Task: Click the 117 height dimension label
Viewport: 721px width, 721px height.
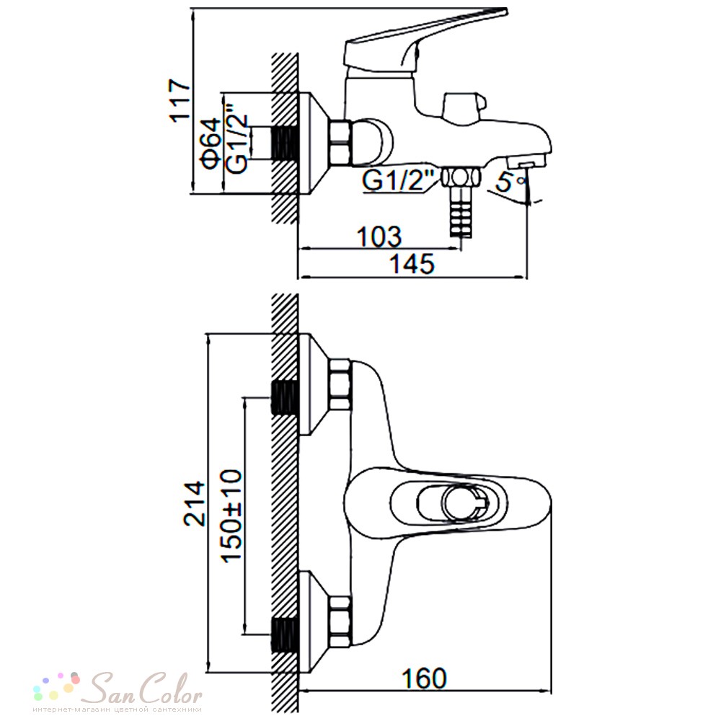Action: point(180,101)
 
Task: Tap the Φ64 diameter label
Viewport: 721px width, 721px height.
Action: point(211,143)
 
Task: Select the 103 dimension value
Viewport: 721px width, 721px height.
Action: point(379,236)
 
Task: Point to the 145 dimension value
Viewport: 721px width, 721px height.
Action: point(412,264)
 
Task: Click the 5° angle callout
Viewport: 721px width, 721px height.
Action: point(510,182)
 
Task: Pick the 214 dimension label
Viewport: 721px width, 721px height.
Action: point(194,503)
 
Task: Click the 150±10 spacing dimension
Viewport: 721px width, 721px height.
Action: point(231,516)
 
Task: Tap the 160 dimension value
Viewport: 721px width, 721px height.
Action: point(424,678)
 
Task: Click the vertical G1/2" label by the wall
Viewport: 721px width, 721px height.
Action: point(238,143)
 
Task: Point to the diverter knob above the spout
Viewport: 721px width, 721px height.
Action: point(464,106)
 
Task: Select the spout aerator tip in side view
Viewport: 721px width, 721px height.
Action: point(526,162)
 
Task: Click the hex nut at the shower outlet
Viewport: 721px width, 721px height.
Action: point(461,177)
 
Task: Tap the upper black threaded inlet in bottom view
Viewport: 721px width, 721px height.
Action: point(285,398)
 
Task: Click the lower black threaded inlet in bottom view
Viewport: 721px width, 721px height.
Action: point(285,634)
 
